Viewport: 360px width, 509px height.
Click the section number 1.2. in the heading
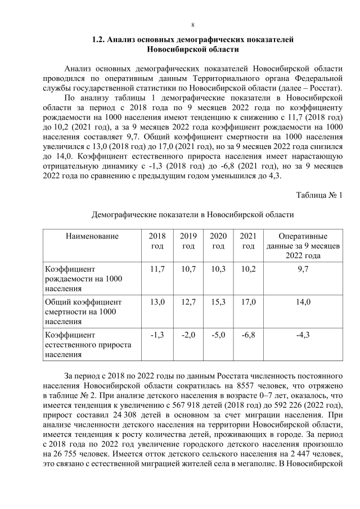click(100, 40)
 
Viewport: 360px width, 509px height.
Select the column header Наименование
click(92, 236)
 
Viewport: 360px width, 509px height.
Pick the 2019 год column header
click(188, 241)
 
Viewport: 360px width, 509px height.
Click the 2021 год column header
click(247, 241)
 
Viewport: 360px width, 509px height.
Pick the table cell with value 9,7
click(303, 269)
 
